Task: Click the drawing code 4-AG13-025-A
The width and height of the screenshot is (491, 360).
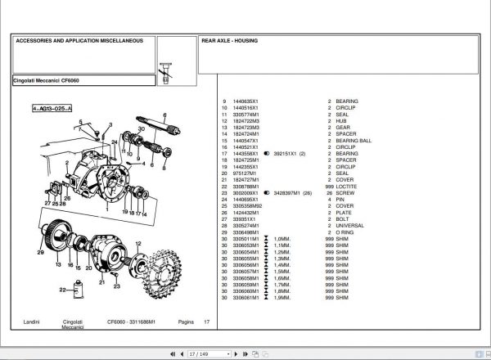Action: click(x=52, y=108)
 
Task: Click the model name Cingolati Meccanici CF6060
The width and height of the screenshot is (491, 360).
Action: click(x=46, y=80)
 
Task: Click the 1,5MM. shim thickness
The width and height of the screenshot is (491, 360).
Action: click(x=282, y=271)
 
